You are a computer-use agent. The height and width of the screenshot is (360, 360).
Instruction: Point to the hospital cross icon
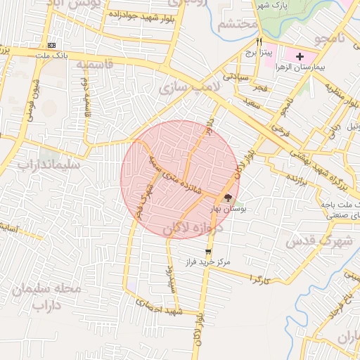click(x=300, y=56)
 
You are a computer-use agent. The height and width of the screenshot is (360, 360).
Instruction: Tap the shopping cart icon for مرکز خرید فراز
click(x=208, y=251)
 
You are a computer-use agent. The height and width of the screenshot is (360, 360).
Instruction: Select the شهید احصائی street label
click(x=159, y=308)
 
